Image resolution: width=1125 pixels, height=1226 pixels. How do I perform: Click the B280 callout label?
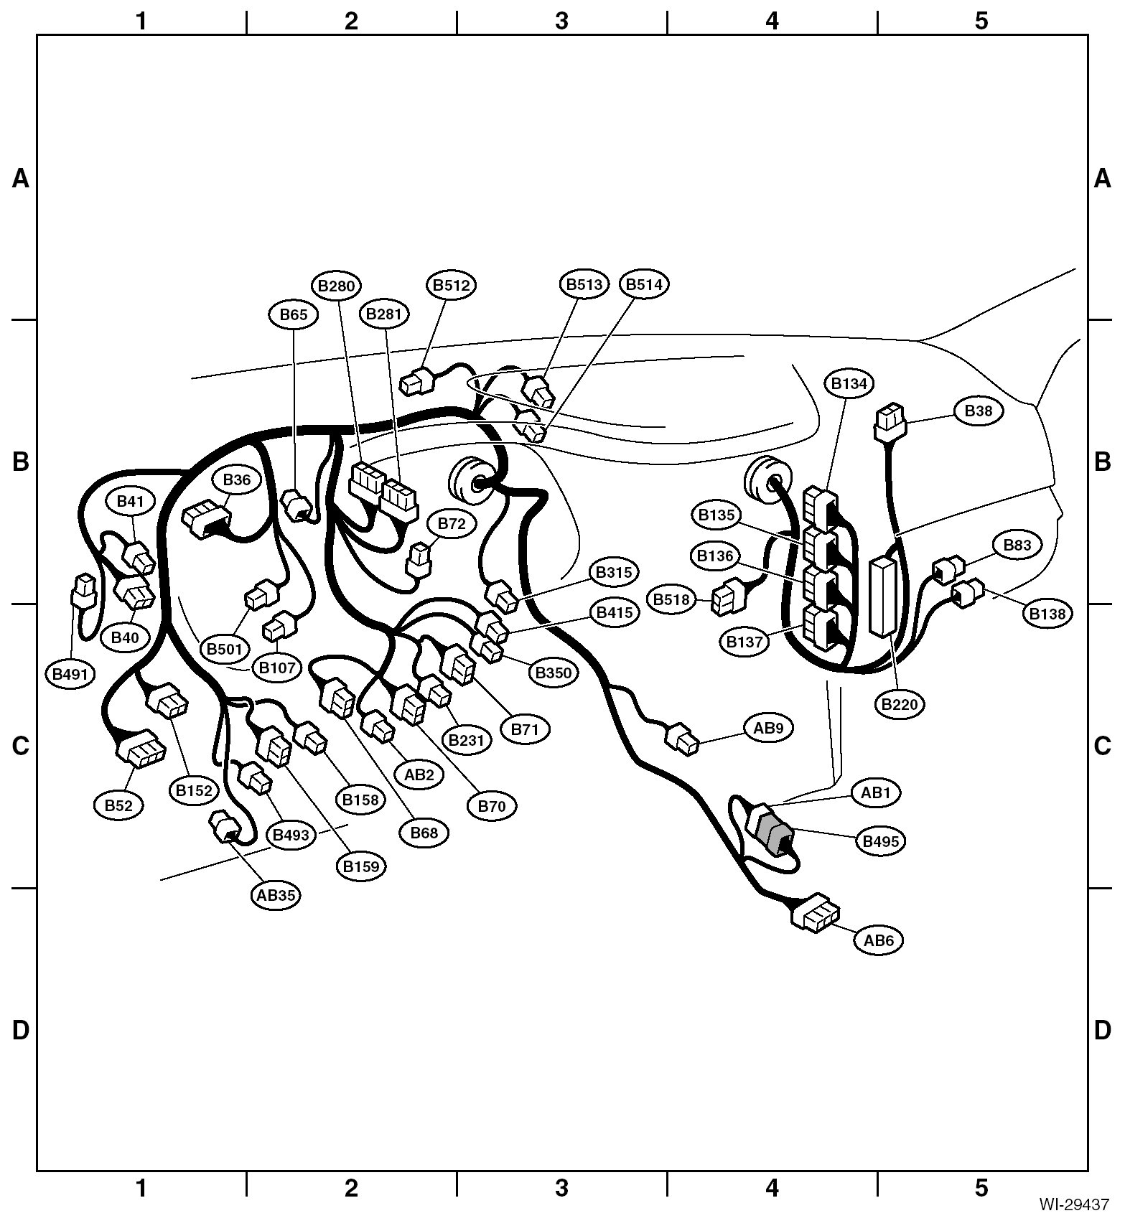coord(337,286)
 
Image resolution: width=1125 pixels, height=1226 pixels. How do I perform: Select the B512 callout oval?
coord(451,285)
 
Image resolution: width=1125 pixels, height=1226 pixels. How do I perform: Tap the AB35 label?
coord(276,895)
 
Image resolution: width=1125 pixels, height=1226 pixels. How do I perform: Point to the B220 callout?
coord(900,704)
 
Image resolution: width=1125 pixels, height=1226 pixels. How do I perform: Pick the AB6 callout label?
coord(879,940)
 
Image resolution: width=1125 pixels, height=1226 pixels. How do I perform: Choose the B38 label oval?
coord(978,411)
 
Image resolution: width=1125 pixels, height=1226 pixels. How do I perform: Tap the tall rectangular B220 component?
coord(882,596)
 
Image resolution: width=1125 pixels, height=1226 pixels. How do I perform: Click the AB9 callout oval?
coord(768,728)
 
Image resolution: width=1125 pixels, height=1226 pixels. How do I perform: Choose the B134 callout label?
coord(849,384)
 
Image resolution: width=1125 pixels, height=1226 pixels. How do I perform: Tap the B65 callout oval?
coord(294,314)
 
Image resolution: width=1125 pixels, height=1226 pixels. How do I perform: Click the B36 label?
coord(237,479)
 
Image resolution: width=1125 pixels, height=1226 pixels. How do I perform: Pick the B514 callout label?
coord(644,284)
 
